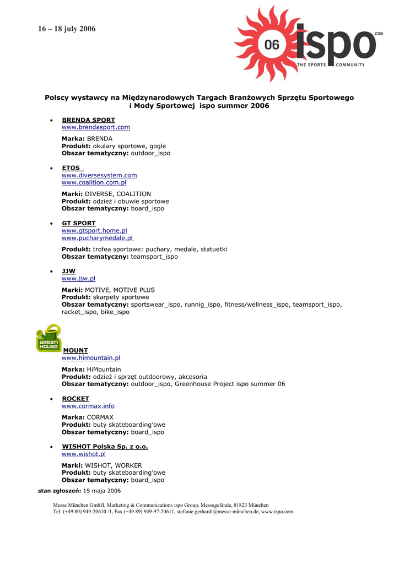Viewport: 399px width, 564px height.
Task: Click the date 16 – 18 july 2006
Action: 67,29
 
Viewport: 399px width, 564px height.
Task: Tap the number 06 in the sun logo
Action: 272,45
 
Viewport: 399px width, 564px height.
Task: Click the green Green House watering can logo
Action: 48,338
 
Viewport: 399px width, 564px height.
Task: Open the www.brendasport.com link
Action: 96,127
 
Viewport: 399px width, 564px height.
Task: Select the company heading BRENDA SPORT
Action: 88,120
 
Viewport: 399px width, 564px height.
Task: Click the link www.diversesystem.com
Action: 99,175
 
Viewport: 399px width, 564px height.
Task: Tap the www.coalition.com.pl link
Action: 94,182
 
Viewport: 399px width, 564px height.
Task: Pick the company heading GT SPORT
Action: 78,223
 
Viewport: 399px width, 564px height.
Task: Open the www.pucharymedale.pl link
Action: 97,238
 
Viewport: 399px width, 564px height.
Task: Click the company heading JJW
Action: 68,271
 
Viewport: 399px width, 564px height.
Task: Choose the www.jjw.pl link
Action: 78,279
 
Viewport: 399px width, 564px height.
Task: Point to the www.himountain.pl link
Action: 91,358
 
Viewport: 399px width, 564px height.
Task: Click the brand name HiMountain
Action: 104,369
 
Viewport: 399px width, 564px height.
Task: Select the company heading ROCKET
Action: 75,399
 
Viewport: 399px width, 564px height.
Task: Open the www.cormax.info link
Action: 88,406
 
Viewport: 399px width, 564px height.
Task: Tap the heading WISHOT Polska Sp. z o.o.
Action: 105,447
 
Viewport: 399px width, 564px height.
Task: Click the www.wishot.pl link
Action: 83,454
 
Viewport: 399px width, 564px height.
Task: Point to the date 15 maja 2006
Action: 102,491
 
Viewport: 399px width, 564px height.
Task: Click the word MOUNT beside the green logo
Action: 76,350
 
